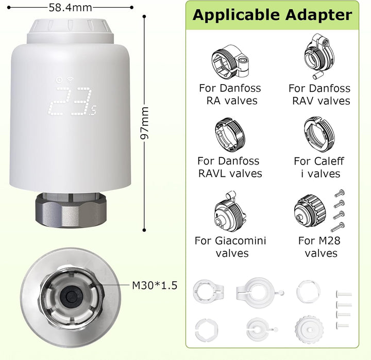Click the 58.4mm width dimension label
tap(70, 8)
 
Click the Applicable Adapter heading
tap(272, 15)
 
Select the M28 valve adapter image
tap(312, 212)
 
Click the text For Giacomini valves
tap(231, 247)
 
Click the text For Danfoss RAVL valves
tap(230, 167)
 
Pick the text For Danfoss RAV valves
tap(319, 94)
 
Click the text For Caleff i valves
tap(319, 167)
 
